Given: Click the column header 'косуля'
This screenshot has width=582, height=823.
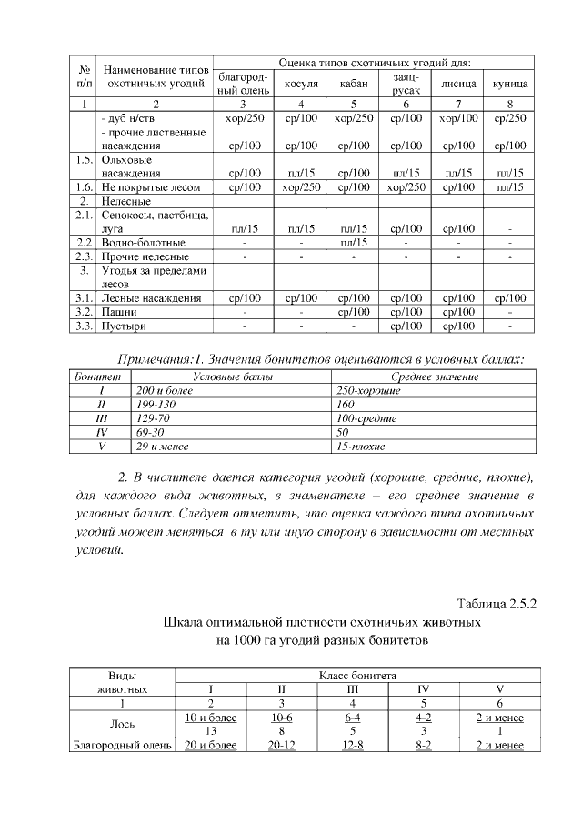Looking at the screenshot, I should click(x=300, y=84).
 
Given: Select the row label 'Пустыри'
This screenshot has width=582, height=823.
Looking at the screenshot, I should click(x=124, y=325).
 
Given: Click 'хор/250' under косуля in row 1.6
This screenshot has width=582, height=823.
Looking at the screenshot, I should click(x=300, y=186).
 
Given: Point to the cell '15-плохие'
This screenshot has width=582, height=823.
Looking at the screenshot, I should click(x=361, y=448).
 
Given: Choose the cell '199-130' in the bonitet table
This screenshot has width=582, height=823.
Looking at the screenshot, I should click(x=156, y=404).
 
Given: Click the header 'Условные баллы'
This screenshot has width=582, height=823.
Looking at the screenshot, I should click(x=232, y=375).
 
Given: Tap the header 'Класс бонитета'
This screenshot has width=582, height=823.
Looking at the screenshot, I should click(x=356, y=676).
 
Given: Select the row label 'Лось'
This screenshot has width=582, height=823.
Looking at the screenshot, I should click(x=122, y=724).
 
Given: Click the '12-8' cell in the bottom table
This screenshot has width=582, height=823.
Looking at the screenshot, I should click(x=353, y=746).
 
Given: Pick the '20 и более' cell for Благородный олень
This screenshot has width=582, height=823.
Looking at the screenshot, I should click(x=210, y=746).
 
